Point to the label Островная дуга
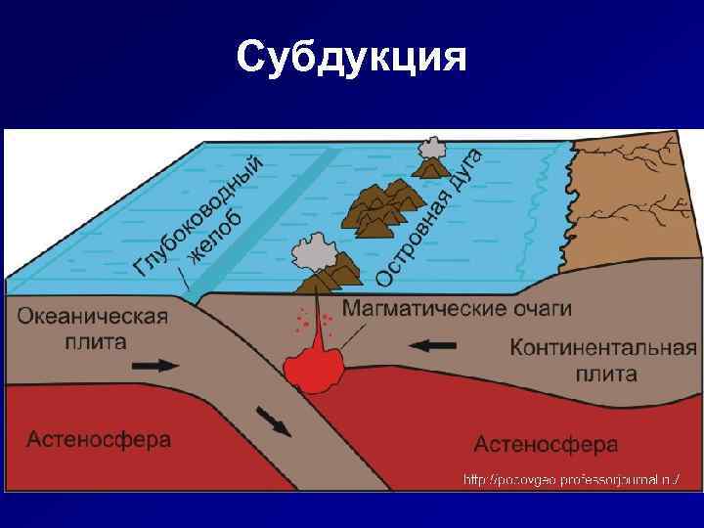[x=429, y=216]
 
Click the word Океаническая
[x=93, y=317]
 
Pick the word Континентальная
[x=602, y=348]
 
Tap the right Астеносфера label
[x=546, y=444]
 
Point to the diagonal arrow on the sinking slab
[x=274, y=420]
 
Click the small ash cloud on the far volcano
[x=431, y=151]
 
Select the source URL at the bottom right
[x=571, y=479]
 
